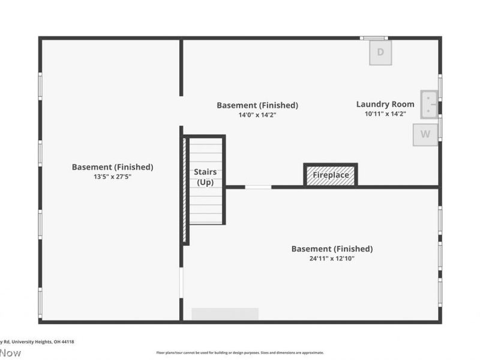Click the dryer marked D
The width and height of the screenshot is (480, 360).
(380, 52)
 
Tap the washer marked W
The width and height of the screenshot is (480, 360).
(425, 134)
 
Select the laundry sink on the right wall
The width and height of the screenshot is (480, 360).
(430, 104)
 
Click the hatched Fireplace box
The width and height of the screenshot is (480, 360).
(331, 175)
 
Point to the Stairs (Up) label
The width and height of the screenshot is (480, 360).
(205, 177)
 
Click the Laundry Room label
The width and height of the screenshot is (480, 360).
(385, 104)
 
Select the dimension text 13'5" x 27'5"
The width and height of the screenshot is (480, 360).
(113, 176)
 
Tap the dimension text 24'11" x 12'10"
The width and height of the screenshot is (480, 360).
(332, 259)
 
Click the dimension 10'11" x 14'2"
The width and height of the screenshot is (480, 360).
(385, 113)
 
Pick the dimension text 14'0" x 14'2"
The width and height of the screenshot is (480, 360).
(257, 115)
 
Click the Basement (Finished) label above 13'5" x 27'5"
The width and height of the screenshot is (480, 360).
(113, 167)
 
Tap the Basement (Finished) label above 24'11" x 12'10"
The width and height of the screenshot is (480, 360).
(332, 249)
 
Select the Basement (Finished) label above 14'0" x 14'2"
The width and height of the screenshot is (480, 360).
(257, 105)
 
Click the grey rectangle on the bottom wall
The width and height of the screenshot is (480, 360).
(225, 314)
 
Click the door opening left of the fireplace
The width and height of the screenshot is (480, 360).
(258, 187)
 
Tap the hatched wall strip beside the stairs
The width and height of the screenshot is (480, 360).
(185, 190)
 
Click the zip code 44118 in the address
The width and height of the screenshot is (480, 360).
(68, 341)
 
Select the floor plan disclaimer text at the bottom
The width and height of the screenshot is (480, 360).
(240, 353)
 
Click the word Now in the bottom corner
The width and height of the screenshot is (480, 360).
(10, 353)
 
